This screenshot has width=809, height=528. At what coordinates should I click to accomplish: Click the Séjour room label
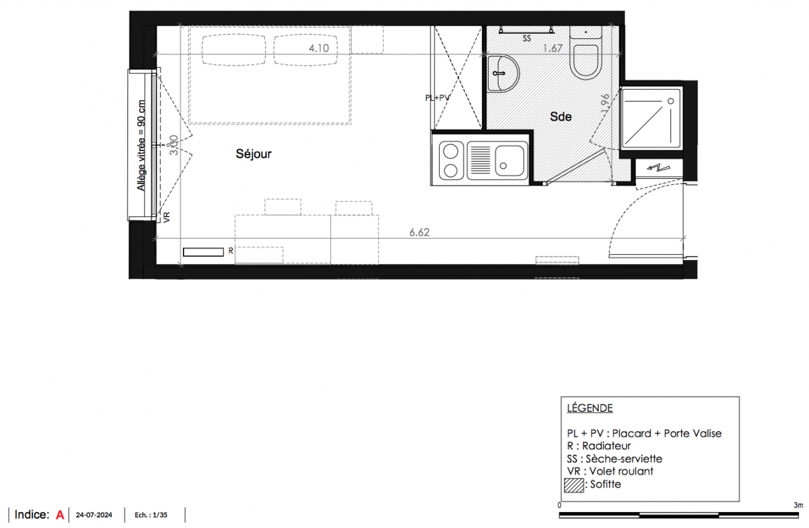click(x=254, y=154)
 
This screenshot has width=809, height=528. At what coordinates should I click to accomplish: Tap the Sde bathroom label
click(x=561, y=117)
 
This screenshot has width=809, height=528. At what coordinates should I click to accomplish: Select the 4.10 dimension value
click(x=318, y=48)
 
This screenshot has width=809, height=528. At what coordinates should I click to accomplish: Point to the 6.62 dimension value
click(x=419, y=232)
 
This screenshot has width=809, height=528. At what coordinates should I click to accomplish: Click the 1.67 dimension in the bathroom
click(x=553, y=48)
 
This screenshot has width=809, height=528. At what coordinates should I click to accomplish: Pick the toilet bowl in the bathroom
click(x=585, y=62)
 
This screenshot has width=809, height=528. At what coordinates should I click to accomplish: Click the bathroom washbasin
click(x=503, y=74)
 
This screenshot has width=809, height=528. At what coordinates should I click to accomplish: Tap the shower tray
click(x=651, y=118)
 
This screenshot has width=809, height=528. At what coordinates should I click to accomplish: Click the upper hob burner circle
click(x=450, y=152)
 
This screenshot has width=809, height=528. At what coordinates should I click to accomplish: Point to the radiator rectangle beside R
click(x=203, y=252)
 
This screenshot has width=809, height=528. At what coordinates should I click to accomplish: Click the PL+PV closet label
click(x=437, y=98)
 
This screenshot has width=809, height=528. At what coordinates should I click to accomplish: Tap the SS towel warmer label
click(x=527, y=39)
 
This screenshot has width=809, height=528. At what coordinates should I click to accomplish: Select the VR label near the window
click(x=166, y=217)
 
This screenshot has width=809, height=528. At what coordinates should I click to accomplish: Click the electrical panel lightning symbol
click(x=658, y=168)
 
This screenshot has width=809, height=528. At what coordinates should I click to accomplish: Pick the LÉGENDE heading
click(x=590, y=408)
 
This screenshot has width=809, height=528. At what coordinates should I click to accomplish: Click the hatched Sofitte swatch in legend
click(x=574, y=485)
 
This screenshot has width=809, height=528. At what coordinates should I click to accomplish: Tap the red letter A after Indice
click(x=60, y=515)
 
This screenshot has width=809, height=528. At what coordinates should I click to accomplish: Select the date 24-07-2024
click(x=94, y=515)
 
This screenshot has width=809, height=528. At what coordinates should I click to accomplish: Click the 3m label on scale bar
click(x=798, y=506)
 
